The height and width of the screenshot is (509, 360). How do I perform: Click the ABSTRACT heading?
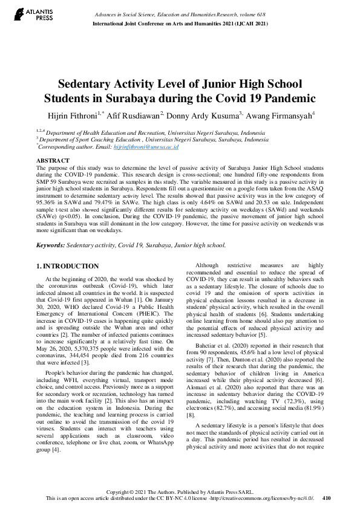tap(53, 160)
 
